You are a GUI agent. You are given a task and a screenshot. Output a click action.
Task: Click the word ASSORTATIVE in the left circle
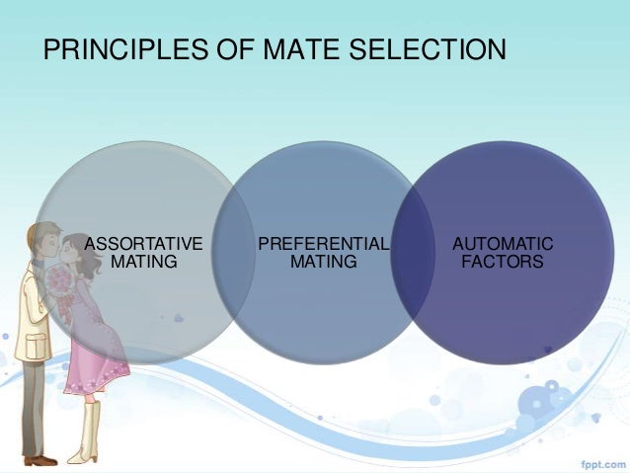144,244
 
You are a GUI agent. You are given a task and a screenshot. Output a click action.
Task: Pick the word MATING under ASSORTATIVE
144,262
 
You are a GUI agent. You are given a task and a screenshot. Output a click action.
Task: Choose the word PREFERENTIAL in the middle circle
323,244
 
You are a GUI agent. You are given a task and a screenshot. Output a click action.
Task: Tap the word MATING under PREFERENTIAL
323,262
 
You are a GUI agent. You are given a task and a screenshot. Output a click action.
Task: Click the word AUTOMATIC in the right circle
503,244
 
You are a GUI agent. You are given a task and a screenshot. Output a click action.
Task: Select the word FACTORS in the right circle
503,262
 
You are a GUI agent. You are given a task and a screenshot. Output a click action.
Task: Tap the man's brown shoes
39,458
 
